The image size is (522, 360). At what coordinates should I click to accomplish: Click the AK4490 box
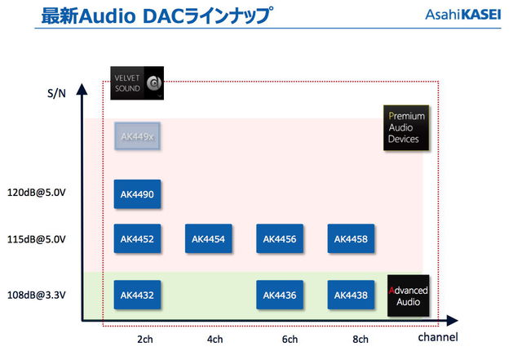click(138, 194)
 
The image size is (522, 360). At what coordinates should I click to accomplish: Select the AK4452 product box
click(138, 238)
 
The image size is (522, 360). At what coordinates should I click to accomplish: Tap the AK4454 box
click(209, 238)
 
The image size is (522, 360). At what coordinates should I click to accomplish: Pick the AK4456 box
click(280, 238)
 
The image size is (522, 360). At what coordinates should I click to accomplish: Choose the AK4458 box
click(351, 238)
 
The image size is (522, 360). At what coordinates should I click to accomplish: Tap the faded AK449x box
click(138, 137)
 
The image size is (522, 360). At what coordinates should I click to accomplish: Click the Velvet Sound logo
click(137, 82)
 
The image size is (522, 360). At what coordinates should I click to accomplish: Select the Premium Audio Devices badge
click(407, 127)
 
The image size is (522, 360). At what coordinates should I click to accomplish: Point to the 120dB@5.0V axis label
click(41, 194)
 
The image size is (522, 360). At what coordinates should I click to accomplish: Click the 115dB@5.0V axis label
click(41, 239)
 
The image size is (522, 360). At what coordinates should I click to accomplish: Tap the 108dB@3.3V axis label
click(41, 295)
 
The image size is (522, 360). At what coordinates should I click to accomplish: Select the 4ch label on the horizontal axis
click(215, 339)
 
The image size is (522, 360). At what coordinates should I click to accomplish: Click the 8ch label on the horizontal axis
click(360, 339)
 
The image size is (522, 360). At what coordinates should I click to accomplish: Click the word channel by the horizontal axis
click(438, 337)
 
